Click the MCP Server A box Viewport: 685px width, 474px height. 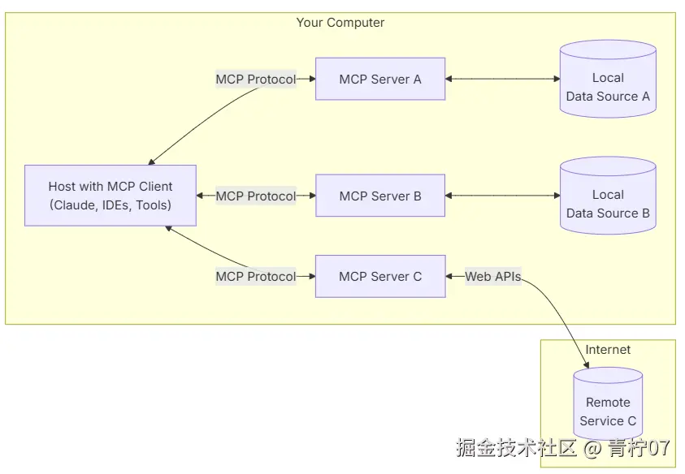click(380, 79)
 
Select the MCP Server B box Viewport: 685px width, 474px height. click(380, 196)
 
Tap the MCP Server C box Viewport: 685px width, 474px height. click(380, 276)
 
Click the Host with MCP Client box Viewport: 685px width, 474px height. click(110, 196)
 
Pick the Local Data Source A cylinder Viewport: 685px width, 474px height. click(608, 88)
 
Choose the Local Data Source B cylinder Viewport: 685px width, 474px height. click(608, 205)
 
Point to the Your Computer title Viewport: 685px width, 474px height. click(340, 23)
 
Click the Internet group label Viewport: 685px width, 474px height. click(608, 350)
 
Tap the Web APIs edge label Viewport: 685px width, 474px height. click(493, 276)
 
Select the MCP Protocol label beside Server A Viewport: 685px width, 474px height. click(255, 80)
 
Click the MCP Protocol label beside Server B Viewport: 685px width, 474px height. click(255, 196)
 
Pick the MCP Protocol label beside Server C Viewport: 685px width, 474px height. click(255, 276)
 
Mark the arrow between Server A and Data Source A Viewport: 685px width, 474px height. click(502, 79)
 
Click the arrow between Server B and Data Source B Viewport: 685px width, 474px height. click(502, 196)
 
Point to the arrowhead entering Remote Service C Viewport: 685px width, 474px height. click(587, 366)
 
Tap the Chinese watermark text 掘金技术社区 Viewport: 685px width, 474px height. click(516, 447)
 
